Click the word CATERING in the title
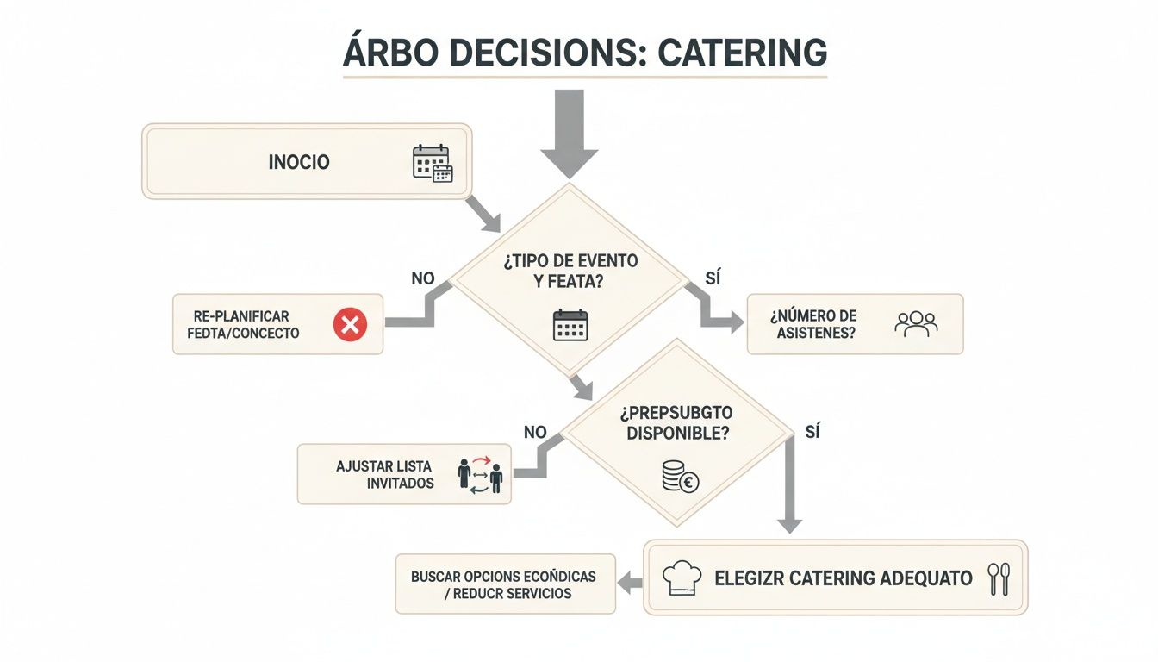click(x=742, y=53)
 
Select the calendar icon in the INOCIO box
click(x=432, y=163)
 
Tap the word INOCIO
click(x=299, y=162)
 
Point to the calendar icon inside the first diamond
click(x=570, y=325)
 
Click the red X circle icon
click(x=350, y=325)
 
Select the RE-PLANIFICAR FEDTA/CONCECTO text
click(x=243, y=325)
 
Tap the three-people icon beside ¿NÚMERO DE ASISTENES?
click(x=916, y=324)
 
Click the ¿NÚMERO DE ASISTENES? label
click(x=813, y=324)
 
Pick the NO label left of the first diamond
click(x=423, y=278)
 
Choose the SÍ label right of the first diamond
click(x=712, y=278)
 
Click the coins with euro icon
click(x=680, y=476)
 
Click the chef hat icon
click(x=682, y=578)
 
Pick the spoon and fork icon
click(x=999, y=578)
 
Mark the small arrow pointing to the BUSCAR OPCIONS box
click(x=632, y=584)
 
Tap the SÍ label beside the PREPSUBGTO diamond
click(x=812, y=431)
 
